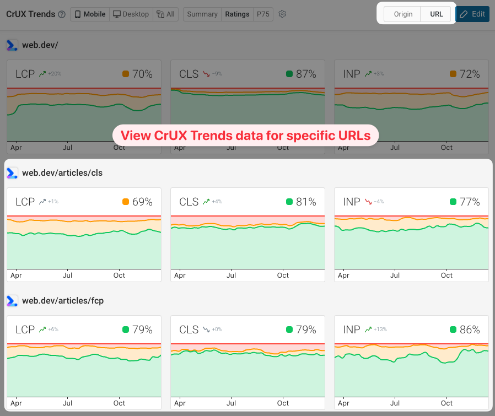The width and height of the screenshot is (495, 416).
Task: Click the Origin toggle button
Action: pyautogui.click(x=403, y=14)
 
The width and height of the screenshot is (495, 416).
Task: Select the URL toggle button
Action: pyautogui.click(x=436, y=14)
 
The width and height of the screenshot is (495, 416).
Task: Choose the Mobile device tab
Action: pyautogui.click(x=90, y=14)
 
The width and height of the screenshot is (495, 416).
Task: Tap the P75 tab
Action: pyautogui.click(x=263, y=14)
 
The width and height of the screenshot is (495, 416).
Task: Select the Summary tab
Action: pyautogui.click(x=202, y=14)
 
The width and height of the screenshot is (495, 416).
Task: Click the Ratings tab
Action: pyautogui.click(x=237, y=14)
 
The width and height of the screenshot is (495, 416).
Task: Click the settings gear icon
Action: pyautogui.click(x=282, y=14)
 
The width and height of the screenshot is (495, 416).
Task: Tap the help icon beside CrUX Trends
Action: pyautogui.click(x=62, y=14)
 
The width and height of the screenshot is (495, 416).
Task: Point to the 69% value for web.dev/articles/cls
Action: pyautogui.click(x=142, y=202)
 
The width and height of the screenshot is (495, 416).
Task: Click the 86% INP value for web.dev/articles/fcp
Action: pyautogui.click(x=470, y=329)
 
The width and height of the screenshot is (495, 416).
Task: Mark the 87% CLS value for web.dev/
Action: pyautogui.click(x=306, y=74)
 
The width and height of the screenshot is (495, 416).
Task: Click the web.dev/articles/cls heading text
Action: pyautogui.click(x=62, y=173)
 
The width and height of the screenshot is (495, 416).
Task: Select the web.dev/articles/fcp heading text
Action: pyautogui.click(x=63, y=301)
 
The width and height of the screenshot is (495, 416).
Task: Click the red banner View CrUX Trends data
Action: pyautogui.click(x=245, y=135)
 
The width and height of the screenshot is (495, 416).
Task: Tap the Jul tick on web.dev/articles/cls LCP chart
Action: pyautogui.click(x=68, y=275)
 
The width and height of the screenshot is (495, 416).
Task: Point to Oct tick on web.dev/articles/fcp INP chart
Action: pyautogui.click(x=446, y=403)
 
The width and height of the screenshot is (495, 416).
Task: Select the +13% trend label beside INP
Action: pyautogui.click(x=380, y=329)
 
